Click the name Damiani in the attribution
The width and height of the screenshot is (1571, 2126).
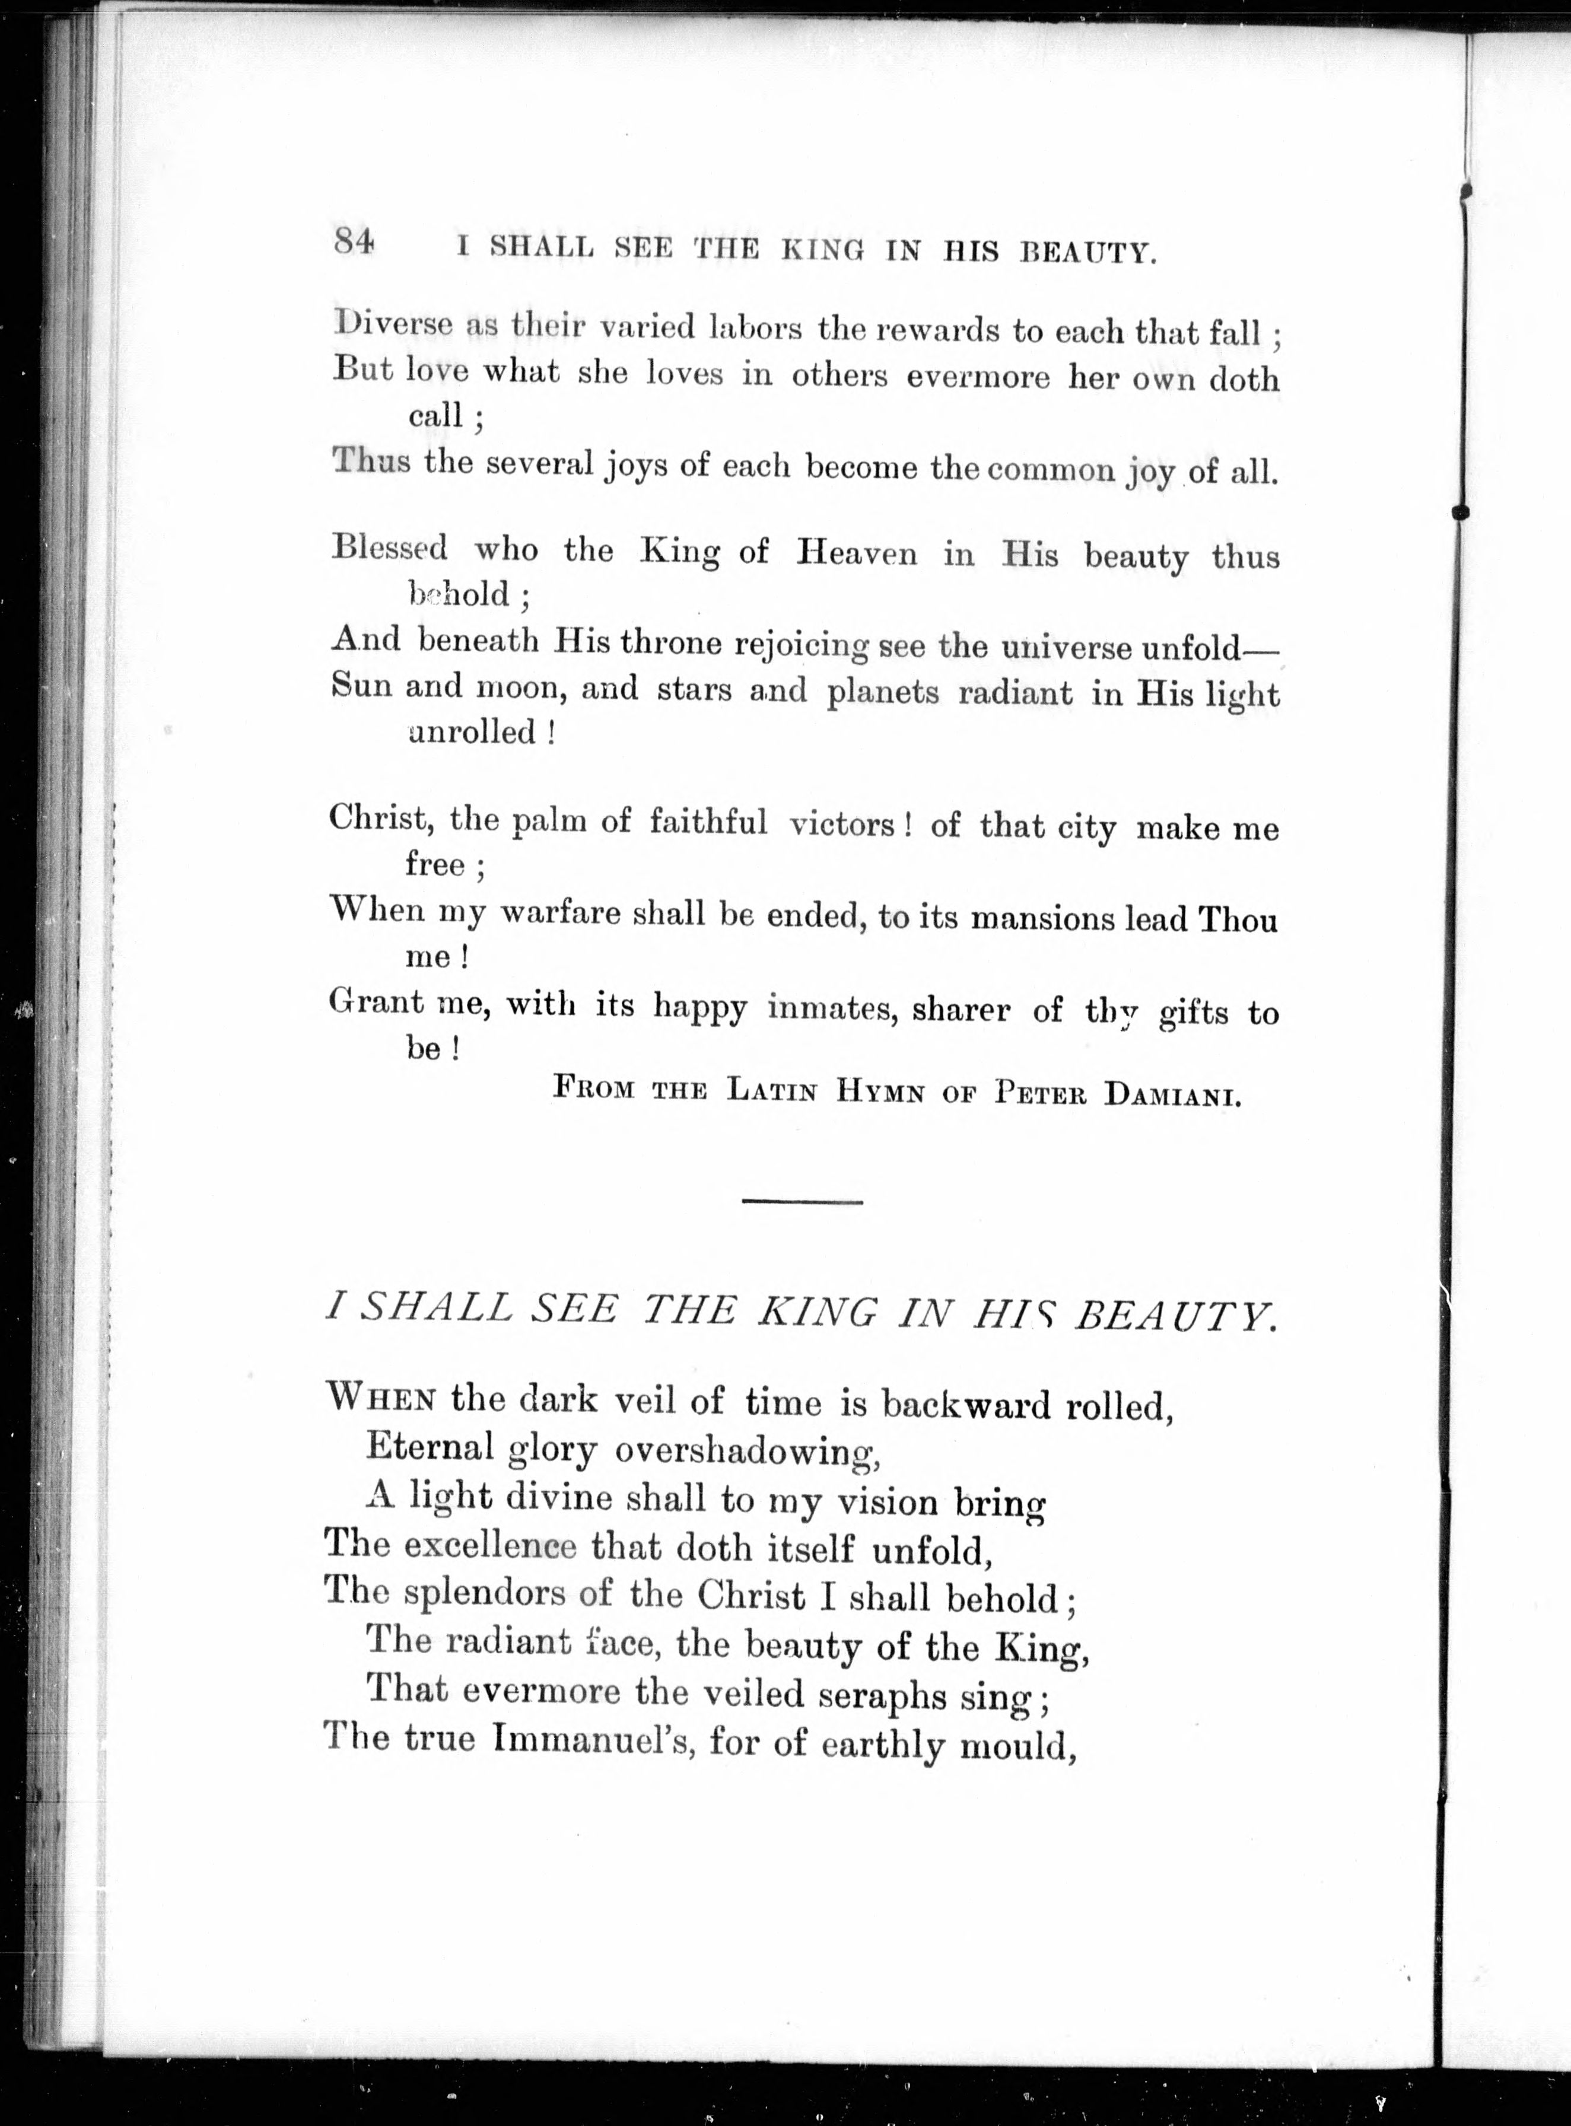click(1172, 1093)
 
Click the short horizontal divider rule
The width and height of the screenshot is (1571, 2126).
click(802, 1202)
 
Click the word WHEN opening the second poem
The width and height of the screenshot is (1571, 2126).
click(380, 1398)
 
